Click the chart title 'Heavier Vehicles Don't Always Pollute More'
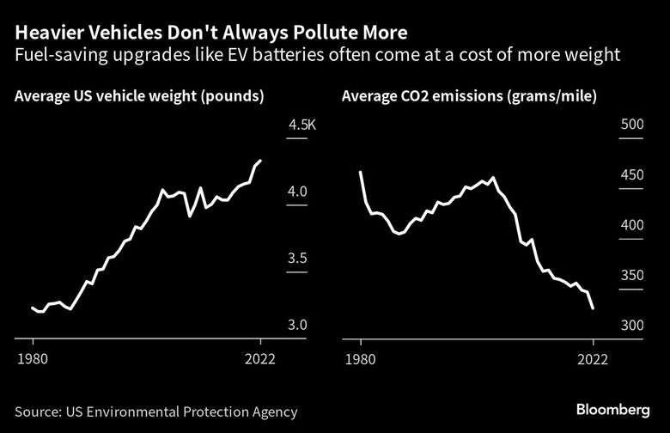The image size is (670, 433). [x=211, y=34]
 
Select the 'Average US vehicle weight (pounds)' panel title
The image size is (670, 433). [x=138, y=95]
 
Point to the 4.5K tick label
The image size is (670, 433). [x=302, y=125]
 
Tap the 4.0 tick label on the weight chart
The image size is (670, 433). [x=297, y=192]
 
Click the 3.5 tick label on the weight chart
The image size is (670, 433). [x=297, y=259]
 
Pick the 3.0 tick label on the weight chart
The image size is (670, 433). [x=297, y=325]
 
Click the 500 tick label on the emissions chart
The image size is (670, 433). [x=631, y=125]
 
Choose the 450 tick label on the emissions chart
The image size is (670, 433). [x=631, y=176]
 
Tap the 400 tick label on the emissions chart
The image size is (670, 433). [x=631, y=225]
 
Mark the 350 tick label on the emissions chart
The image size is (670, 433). [x=631, y=276]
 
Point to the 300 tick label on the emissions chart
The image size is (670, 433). [x=631, y=326]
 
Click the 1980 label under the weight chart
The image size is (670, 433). [x=33, y=359]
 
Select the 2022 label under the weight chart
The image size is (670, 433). [x=260, y=359]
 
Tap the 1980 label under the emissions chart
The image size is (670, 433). [x=361, y=359]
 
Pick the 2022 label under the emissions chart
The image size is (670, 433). [x=593, y=359]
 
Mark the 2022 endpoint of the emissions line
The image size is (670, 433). [x=594, y=308]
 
